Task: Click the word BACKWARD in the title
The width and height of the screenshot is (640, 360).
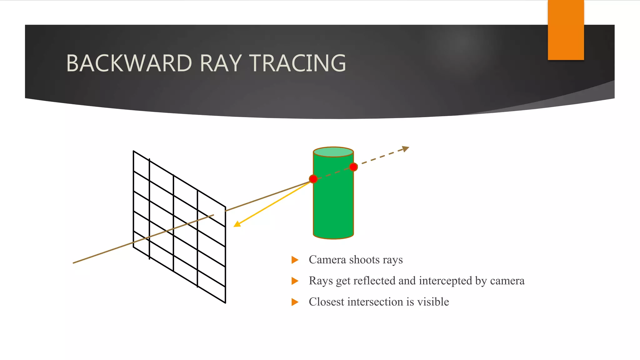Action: [x=129, y=63]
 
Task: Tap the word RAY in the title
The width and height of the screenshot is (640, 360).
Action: [x=221, y=63]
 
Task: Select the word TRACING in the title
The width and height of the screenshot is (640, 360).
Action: [x=298, y=63]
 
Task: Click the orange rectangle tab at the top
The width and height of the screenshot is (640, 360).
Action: [x=566, y=30]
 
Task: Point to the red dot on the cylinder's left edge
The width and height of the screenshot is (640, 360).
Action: [x=313, y=179]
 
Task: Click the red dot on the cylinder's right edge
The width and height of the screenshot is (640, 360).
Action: [x=353, y=167]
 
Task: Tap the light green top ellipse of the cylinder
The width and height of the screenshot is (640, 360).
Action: [x=333, y=152]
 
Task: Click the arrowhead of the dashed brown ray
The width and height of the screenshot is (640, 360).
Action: [x=406, y=148]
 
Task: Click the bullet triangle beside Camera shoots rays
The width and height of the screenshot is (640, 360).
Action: [x=295, y=260]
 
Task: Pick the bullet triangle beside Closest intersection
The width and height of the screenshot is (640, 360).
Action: [x=295, y=302]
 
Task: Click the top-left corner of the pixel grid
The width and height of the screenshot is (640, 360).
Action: [x=134, y=151]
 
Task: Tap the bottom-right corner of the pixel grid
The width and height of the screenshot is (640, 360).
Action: [x=225, y=302]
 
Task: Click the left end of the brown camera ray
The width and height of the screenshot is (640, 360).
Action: [x=74, y=263]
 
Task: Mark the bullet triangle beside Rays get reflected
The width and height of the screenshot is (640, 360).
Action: [x=295, y=281]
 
